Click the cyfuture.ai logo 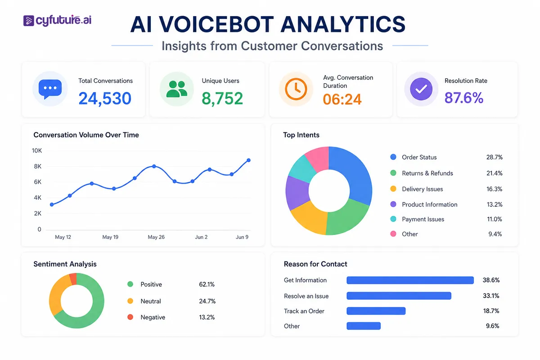point(58,20)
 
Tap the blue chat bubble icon point(50,89)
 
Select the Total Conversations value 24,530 point(105,99)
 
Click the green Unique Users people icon point(177,89)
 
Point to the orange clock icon point(296,89)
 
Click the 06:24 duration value point(342,99)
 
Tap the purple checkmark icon point(421,89)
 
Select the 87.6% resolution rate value point(464,98)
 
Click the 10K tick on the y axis point(37,151)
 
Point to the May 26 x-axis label point(156,237)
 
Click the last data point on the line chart point(248,160)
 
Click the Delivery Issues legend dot point(393,189)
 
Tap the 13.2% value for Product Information point(495,204)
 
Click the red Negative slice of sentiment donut point(73,279)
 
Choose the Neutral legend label point(151,301)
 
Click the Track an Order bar point(376,311)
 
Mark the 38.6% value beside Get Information point(491,280)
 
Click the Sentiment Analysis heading point(65,264)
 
